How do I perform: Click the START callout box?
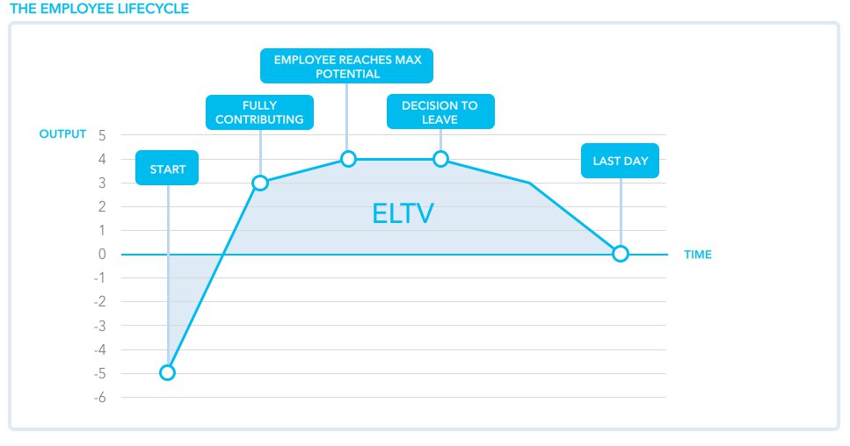(x=167, y=168)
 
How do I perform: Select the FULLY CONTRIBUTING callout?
(x=259, y=112)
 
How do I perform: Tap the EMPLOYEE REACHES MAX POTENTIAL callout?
(x=346, y=66)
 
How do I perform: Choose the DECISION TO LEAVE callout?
(x=440, y=111)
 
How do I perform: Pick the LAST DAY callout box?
(x=621, y=160)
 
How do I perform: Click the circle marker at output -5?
(x=168, y=372)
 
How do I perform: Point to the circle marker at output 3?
(x=260, y=183)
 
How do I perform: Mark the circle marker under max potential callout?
(x=349, y=159)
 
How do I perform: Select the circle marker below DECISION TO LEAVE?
(x=440, y=159)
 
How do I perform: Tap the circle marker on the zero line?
(x=621, y=254)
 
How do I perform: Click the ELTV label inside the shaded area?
(x=403, y=213)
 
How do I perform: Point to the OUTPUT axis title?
(x=63, y=133)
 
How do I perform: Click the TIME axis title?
(x=698, y=255)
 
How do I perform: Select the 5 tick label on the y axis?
(x=102, y=135)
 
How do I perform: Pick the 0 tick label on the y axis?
(x=102, y=254)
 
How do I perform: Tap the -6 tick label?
(x=99, y=398)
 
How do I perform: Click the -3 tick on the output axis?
(x=99, y=326)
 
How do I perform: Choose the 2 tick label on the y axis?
(x=102, y=206)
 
